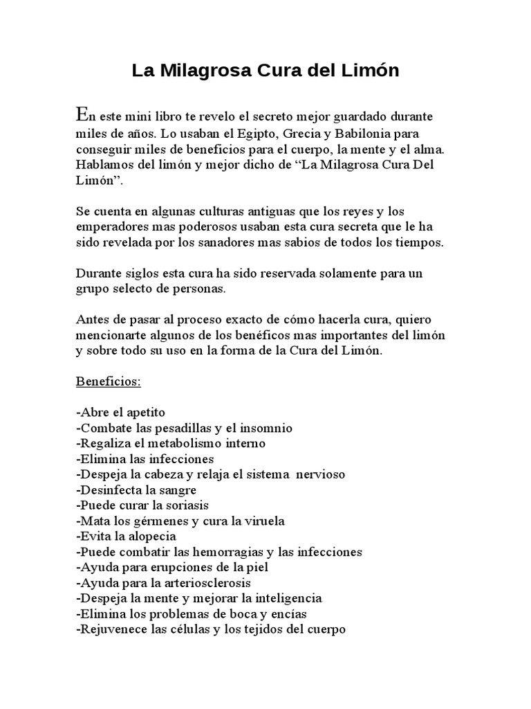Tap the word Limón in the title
(373, 71)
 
